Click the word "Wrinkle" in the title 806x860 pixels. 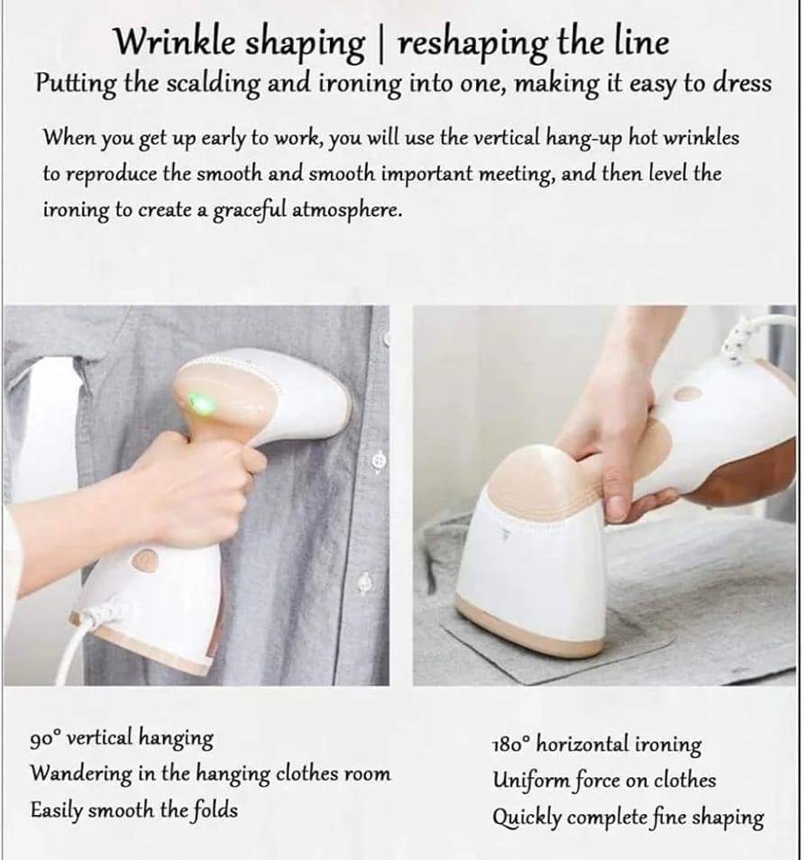click(x=175, y=41)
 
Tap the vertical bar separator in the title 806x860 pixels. click(x=381, y=43)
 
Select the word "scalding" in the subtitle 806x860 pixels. click(x=213, y=84)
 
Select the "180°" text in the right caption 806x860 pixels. click(x=511, y=745)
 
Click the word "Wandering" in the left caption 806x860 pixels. click(x=80, y=773)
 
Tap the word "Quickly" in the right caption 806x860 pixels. click(x=527, y=818)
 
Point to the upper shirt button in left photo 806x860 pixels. click(x=380, y=460)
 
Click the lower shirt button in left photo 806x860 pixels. click(x=365, y=582)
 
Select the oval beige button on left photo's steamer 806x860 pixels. click(x=145, y=559)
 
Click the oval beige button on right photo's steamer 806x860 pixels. click(x=688, y=393)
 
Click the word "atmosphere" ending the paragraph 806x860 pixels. click(x=344, y=210)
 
